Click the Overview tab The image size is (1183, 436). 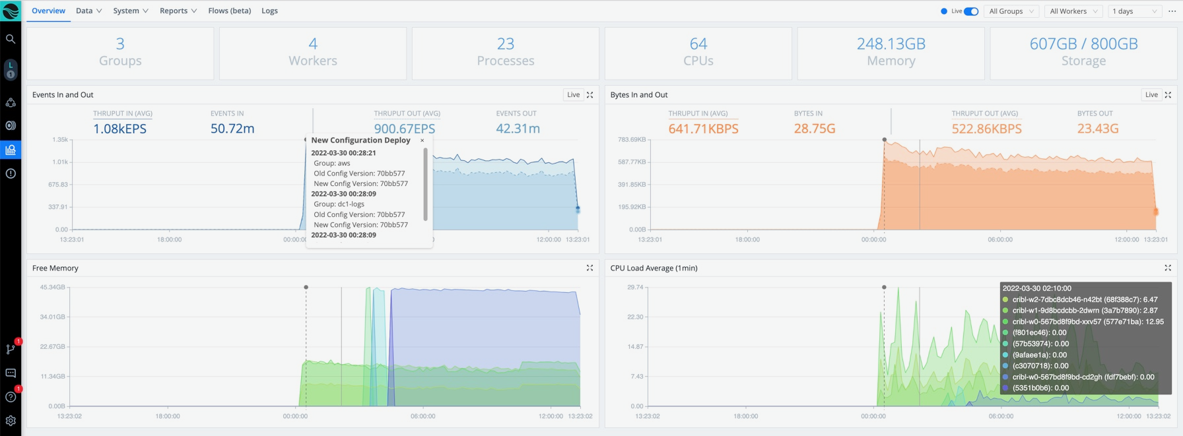[x=48, y=11]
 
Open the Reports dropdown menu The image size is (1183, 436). [x=178, y=11]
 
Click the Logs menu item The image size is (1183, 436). [x=269, y=11]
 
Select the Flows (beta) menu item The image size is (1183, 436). [x=229, y=11]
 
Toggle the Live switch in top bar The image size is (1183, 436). [x=970, y=11]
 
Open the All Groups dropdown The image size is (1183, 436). [x=1011, y=11]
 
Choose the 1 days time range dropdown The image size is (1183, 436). [x=1134, y=11]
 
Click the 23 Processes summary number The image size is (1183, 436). [x=505, y=44]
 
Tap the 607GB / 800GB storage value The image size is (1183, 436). [x=1083, y=44]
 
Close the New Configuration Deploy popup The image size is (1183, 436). [x=422, y=140]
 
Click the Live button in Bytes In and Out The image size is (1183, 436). [x=1151, y=95]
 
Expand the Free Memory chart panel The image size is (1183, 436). [x=590, y=268]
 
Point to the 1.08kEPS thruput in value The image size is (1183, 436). [x=119, y=129]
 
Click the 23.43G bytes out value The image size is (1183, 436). [x=1097, y=129]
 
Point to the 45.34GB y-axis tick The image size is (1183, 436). [x=52, y=288]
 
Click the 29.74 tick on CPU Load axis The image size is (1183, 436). [x=634, y=288]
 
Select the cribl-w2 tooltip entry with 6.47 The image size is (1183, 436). [x=1085, y=299]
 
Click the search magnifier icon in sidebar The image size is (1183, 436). [x=11, y=39]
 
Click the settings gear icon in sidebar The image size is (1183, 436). [x=11, y=420]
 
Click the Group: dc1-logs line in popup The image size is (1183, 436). [x=339, y=204]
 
